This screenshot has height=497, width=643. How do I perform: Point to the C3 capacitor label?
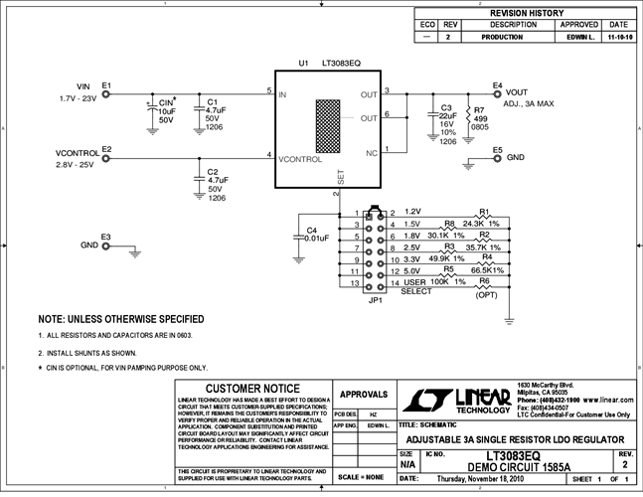tap(446, 107)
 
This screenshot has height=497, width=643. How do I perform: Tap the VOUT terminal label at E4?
tap(517, 91)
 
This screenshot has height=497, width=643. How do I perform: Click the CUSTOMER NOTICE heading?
tap(251, 389)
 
